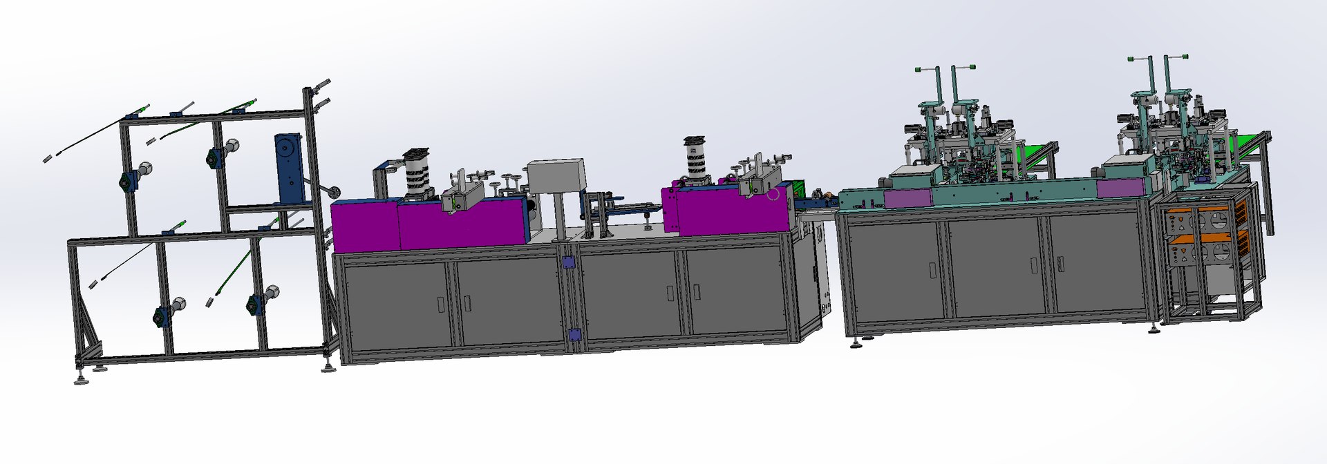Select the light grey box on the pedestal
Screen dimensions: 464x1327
(x=556, y=177)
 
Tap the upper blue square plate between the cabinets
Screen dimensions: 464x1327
(x=569, y=262)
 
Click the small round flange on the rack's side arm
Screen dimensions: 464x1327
(x=335, y=194)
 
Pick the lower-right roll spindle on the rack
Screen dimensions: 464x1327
(x=261, y=302)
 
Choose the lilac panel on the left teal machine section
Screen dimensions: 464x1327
(x=907, y=200)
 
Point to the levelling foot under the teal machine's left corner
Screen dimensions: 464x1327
(x=857, y=342)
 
